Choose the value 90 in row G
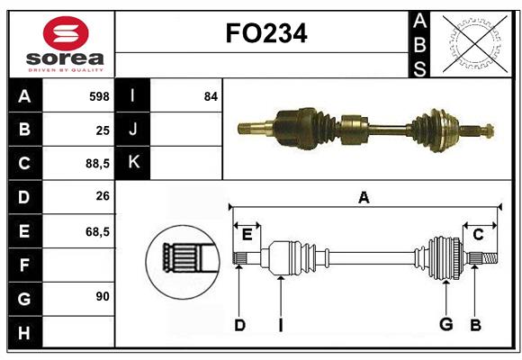[x=102, y=296]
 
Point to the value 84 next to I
[x=211, y=96]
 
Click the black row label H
[x=23, y=332]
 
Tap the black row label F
[x=23, y=265]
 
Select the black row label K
[x=133, y=163]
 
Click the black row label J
[x=133, y=130]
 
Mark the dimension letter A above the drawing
[x=364, y=197]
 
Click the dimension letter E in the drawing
[x=247, y=235]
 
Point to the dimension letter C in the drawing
[x=478, y=235]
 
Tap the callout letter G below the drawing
[x=445, y=325]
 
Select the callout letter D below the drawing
[x=239, y=325]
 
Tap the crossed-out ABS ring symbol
[x=472, y=42]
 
